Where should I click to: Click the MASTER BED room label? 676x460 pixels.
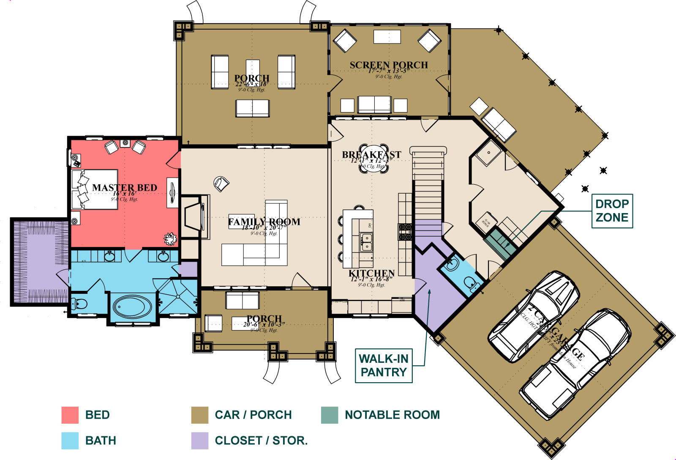tap(124, 187)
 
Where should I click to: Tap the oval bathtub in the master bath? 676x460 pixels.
tap(132, 306)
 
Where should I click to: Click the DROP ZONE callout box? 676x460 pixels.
tap(612, 211)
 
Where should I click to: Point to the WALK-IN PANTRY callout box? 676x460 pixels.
tap(384, 365)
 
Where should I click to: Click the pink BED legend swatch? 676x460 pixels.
tap(70, 415)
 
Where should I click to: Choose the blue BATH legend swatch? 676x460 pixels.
tap(70, 440)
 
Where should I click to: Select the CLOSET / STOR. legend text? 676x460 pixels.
tap(261, 440)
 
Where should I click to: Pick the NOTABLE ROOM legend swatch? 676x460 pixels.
tap(329, 415)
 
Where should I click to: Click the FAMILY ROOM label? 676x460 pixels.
tap(264, 222)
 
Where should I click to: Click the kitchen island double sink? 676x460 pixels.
tap(366, 242)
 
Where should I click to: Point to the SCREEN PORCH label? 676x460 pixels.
tap(389, 65)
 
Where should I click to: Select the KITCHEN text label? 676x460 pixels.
tap(371, 273)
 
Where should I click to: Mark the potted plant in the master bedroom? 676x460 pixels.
tap(170, 239)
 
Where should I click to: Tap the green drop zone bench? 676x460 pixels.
tap(500, 245)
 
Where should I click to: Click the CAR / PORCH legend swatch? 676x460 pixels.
tap(199, 415)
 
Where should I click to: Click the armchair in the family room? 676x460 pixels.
tap(221, 183)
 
